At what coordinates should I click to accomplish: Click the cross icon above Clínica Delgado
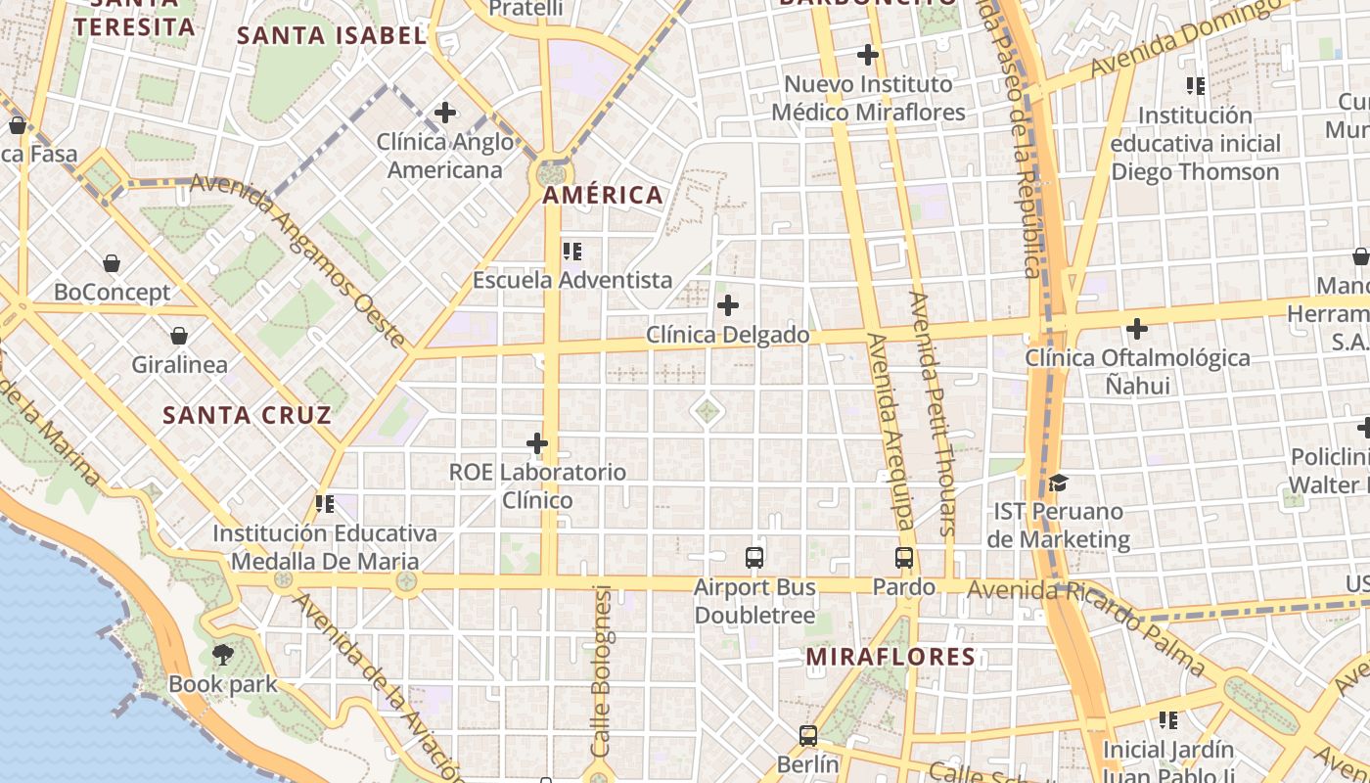(728, 305)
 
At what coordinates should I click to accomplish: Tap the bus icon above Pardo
(904, 558)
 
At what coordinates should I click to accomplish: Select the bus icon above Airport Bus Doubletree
(754, 558)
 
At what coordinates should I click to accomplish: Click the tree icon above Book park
(223, 655)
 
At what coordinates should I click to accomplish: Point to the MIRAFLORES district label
(890, 657)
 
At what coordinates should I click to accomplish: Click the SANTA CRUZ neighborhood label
(248, 415)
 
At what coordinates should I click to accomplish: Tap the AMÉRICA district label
(603, 195)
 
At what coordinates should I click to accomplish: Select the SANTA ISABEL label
(332, 36)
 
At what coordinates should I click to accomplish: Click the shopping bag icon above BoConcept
(112, 263)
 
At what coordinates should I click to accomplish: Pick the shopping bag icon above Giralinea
(179, 336)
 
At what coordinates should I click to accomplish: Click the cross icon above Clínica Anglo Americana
(445, 113)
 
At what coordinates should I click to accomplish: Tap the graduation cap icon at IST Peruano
(1058, 483)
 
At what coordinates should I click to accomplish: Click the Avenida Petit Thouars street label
(934, 414)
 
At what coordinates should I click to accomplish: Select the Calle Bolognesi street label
(601, 670)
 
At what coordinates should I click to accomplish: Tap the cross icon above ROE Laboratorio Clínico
(537, 443)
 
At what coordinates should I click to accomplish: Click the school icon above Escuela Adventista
(572, 252)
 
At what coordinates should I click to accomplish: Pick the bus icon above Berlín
(808, 735)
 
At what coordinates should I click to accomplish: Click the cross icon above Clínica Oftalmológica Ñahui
(1137, 329)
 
